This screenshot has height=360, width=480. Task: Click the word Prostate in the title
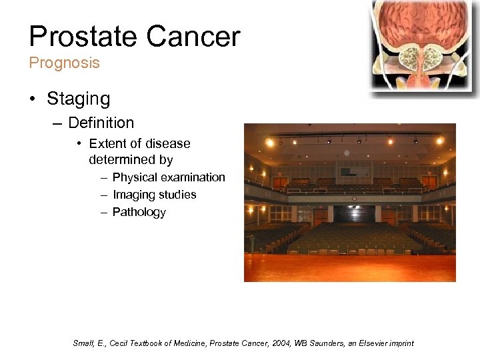[x=81, y=37]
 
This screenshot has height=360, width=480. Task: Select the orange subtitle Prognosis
[x=64, y=63]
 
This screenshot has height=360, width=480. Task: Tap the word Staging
[x=78, y=99]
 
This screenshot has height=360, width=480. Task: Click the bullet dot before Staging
[x=33, y=99]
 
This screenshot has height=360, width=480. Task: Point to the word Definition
[x=101, y=123]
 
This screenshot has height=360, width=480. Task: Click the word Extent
[x=106, y=143]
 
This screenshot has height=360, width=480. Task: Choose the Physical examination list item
[x=168, y=177]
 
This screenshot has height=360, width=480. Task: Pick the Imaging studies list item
[x=154, y=195]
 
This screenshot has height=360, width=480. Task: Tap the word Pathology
[x=139, y=212]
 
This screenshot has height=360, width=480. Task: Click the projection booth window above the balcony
[x=346, y=172]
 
